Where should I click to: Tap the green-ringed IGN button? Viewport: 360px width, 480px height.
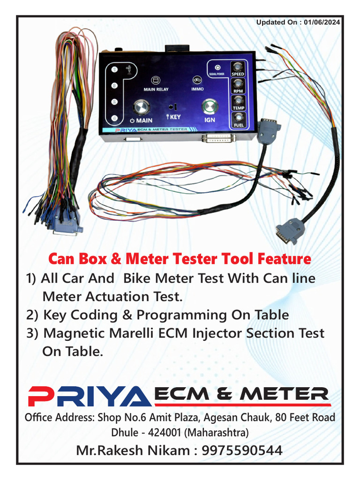click(x=209, y=107)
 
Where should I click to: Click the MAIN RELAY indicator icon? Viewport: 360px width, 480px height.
click(x=156, y=81)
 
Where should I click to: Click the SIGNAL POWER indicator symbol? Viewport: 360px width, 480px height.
click(x=217, y=67)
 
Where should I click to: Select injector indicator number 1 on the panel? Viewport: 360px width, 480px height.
click(x=113, y=69)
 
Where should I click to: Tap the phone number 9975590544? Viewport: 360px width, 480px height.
click(x=242, y=450)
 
